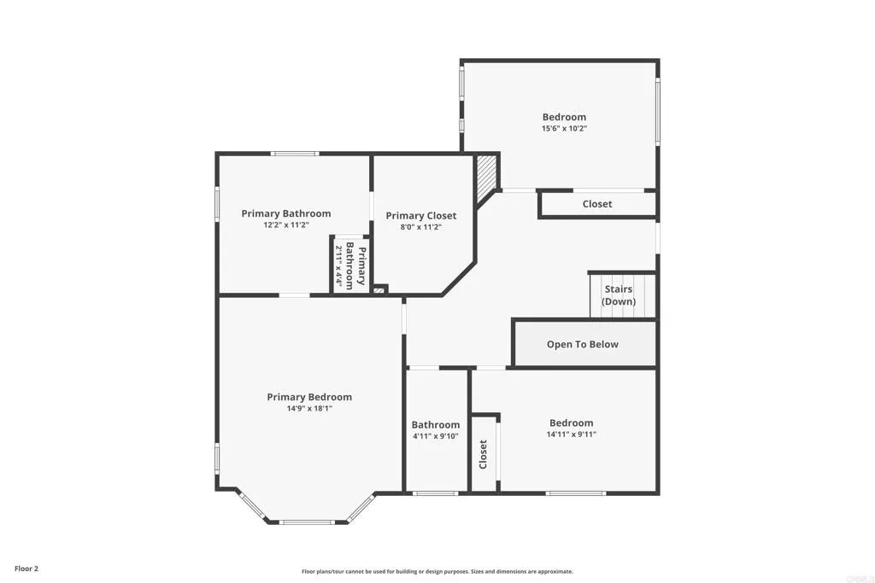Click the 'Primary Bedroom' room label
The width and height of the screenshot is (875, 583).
(309, 397)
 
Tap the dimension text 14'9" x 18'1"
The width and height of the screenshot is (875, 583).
(309, 409)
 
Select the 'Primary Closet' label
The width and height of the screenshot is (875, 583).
(420, 216)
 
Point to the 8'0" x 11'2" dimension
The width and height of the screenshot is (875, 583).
(420, 227)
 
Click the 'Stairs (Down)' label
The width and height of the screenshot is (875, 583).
(618, 295)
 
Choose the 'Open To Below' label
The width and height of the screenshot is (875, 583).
(582, 345)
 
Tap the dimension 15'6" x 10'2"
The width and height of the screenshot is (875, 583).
(564, 129)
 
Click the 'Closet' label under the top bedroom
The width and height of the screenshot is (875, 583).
(597, 204)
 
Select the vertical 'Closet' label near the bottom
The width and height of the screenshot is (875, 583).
(483, 454)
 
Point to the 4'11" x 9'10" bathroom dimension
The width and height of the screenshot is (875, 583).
(436, 436)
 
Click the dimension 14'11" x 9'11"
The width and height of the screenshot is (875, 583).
(571, 434)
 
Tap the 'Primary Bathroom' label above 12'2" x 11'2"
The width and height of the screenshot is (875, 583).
(285, 213)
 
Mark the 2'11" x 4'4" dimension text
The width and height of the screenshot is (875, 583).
(339, 265)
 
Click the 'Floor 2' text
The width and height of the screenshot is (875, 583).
(26, 568)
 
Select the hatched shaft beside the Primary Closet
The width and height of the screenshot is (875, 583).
(485, 178)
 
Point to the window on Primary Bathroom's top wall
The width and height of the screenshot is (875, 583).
(296, 154)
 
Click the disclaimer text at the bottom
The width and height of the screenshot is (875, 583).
(437, 572)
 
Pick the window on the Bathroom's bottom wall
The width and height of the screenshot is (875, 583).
(435, 493)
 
